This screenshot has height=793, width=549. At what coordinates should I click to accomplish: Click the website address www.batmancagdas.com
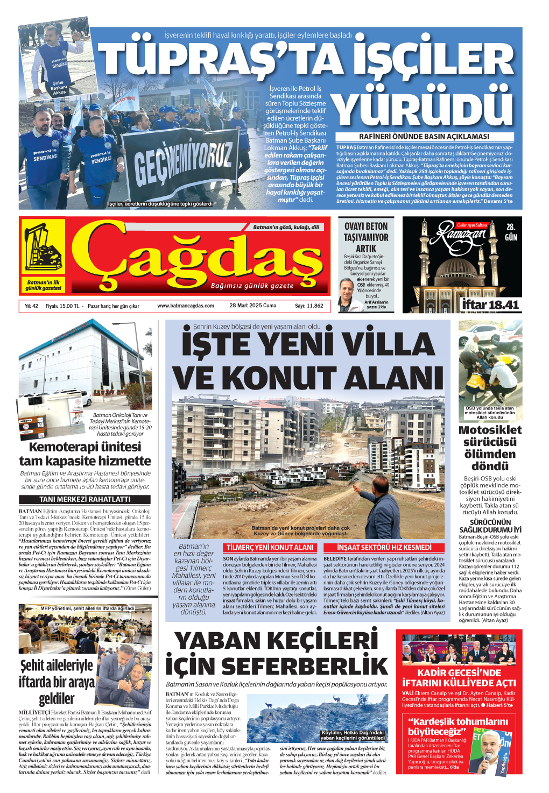(x=186, y=306)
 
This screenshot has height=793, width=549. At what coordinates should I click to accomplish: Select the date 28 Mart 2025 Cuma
(x=252, y=306)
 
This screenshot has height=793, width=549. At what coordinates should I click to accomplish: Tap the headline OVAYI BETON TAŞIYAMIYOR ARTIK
(x=366, y=237)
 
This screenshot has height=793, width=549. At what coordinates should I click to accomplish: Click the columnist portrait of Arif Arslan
(x=347, y=295)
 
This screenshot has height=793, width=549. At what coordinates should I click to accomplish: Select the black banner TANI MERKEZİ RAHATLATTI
(x=85, y=499)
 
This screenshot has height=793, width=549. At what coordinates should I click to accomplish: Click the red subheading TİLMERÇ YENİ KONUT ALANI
(x=270, y=548)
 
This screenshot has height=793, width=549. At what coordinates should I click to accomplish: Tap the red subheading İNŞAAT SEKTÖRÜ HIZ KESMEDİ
(x=384, y=548)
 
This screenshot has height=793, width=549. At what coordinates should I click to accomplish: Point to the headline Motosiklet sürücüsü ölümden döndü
(x=490, y=448)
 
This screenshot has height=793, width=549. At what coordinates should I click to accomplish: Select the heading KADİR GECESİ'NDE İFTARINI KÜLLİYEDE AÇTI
(x=459, y=678)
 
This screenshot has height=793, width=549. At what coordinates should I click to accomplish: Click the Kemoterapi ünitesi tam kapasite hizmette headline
(x=85, y=454)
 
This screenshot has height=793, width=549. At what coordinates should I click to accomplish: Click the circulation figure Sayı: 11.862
(x=309, y=306)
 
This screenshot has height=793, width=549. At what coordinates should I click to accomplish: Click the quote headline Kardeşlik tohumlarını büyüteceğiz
(x=457, y=726)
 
